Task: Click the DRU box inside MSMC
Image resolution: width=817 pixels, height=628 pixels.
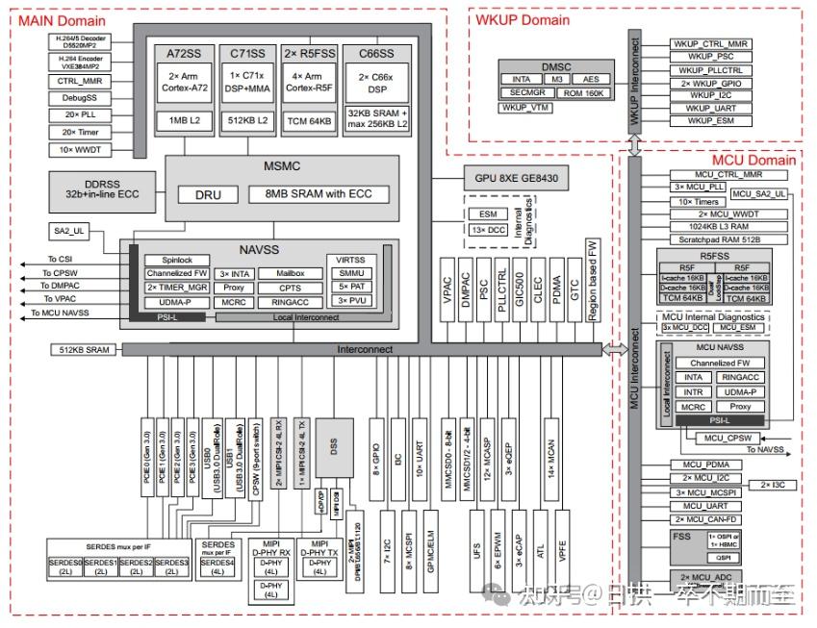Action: (209, 194)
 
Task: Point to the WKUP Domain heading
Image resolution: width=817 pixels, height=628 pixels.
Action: (522, 19)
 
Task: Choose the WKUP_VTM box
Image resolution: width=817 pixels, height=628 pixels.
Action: (525, 108)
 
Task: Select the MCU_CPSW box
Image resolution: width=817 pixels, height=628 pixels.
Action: (725, 438)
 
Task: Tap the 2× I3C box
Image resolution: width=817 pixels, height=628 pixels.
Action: (779, 485)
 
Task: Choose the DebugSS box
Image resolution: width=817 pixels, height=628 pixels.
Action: (79, 98)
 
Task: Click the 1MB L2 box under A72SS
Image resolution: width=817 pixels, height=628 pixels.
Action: (183, 121)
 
